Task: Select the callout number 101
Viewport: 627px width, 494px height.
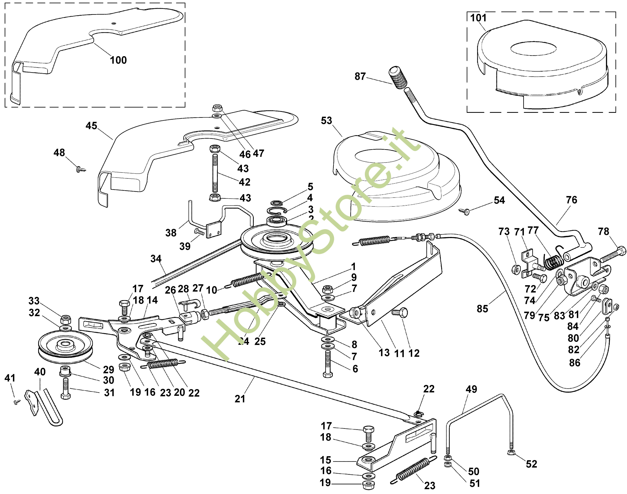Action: tap(478, 18)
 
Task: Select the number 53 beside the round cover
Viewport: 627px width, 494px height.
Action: tap(326, 121)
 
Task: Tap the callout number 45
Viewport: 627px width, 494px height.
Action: tap(91, 126)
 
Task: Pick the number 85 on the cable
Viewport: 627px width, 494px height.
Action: tap(482, 309)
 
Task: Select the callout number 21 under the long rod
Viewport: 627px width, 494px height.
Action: tap(240, 399)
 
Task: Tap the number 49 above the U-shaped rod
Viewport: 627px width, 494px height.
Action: tap(471, 389)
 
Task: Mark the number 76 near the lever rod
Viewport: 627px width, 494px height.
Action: tap(571, 200)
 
